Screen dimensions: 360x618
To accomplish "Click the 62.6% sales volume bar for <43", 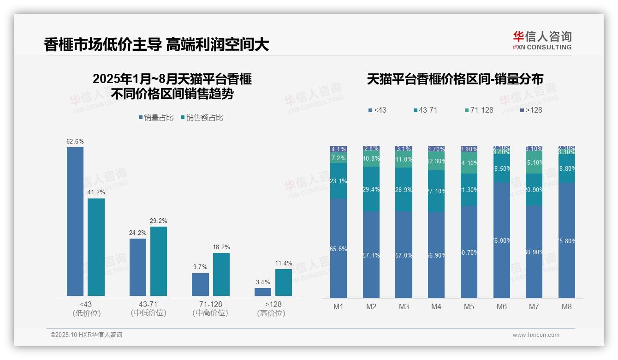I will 75,222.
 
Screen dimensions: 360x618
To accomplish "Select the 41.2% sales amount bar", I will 96,247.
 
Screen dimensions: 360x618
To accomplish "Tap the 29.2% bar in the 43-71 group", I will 159,261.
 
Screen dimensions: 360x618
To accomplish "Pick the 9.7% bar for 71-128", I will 200,284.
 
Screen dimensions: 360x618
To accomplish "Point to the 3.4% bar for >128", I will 263,292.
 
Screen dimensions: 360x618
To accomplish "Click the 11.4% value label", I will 284,264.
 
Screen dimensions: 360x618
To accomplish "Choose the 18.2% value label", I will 221,247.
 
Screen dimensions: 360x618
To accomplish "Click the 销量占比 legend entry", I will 156,118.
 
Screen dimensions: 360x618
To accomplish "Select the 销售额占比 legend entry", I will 202,118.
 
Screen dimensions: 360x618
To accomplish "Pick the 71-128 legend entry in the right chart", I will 479,110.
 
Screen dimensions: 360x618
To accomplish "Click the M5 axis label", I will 469,306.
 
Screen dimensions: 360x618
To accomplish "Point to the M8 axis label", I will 567,306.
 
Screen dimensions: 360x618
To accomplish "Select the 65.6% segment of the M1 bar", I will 339,248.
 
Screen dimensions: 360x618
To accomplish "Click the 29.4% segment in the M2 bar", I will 371,189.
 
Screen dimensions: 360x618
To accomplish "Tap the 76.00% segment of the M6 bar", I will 502,240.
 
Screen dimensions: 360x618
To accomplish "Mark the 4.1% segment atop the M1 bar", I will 339,149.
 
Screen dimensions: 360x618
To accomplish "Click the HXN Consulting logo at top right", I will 542,40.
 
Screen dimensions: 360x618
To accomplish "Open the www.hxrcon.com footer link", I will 536,335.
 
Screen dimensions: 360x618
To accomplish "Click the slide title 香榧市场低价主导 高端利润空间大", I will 156,45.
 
